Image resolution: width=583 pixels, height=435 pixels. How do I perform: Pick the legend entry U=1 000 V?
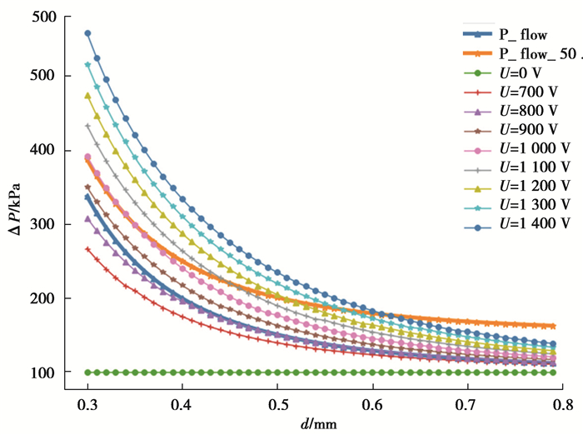pos(536,147)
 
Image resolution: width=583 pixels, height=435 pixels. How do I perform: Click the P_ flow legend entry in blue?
pos(524,36)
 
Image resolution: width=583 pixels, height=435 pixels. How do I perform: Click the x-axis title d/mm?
pos(321,423)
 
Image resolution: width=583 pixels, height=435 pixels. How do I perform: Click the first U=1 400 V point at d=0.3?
pos(87,33)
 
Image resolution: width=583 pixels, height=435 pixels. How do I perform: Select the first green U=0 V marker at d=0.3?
pos(87,372)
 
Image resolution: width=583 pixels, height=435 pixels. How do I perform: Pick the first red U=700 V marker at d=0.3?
pos(87,249)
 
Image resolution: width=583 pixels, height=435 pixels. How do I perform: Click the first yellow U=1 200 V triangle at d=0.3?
pos(87,96)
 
